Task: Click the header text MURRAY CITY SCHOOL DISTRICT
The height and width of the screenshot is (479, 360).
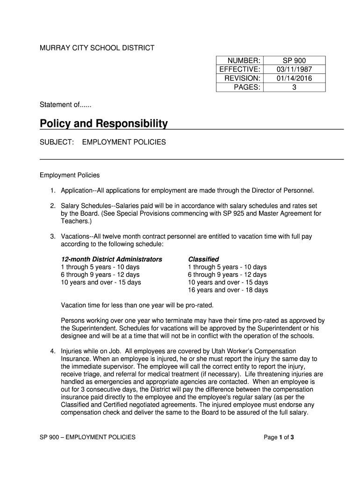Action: (97, 48)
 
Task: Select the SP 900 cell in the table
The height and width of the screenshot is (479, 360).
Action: (294, 61)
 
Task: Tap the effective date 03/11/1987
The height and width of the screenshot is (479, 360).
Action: (294, 70)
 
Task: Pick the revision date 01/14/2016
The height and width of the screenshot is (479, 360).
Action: (294, 79)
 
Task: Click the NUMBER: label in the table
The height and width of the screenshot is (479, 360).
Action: (244, 61)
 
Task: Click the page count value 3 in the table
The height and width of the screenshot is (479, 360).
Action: (294, 87)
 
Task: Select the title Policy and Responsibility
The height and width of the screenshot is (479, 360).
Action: (103, 123)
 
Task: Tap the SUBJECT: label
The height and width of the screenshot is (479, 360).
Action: (57, 142)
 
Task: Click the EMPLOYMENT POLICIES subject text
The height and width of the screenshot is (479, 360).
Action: (124, 142)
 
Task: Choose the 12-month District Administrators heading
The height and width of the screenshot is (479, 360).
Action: (112, 259)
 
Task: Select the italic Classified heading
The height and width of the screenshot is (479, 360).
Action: (203, 259)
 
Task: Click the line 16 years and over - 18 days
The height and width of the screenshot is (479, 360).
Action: (228, 290)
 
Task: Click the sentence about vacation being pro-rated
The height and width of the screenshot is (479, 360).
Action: (137, 305)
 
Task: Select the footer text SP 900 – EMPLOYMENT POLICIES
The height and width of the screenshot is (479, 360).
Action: (87, 437)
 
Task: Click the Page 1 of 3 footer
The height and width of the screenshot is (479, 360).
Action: (279, 437)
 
